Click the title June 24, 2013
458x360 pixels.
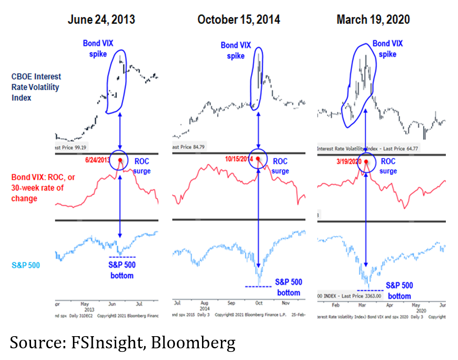(101, 20)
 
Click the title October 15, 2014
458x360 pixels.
(238, 20)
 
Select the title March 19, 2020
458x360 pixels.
(373, 20)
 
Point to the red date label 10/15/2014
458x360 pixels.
(238, 159)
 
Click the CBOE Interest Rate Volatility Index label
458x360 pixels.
(36, 87)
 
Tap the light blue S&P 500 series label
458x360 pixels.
(26, 265)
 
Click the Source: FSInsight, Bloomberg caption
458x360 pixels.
(122, 343)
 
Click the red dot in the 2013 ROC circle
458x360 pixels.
(120, 160)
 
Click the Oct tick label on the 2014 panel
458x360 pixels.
(258, 303)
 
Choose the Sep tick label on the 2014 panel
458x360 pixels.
(231, 303)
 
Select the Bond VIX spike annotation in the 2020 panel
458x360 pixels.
(387, 49)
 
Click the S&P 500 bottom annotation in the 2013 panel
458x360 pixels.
(122, 270)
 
